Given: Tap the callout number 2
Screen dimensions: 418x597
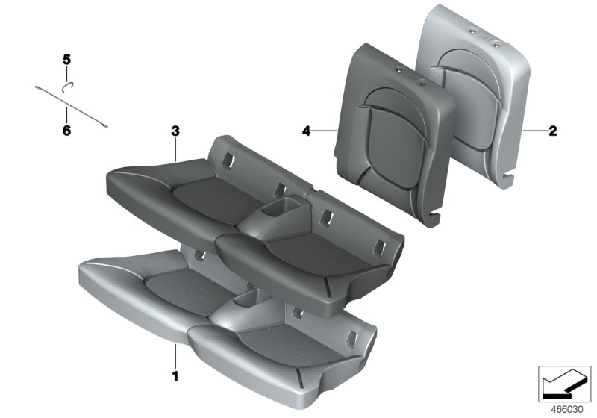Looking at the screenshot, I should tap(552, 131).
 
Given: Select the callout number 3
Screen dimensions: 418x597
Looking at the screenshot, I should tap(175, 131).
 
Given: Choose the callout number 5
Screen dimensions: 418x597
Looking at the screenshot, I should tap(66, 59).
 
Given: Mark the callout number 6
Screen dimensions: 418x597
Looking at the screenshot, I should tap(66, 131).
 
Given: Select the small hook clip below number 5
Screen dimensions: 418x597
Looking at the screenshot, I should tap(66, 85).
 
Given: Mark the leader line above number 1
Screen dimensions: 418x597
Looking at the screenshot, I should tap(176, 355).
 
